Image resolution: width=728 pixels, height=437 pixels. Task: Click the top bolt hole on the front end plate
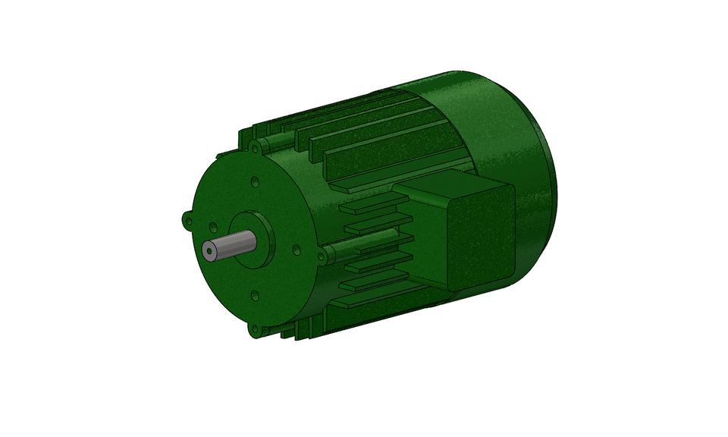coord(254,182)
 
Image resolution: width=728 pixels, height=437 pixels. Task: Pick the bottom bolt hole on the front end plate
coord(254,296)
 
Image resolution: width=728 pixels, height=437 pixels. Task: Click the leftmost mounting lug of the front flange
coord(187,219)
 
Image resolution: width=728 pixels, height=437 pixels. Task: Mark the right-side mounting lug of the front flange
coord(322,257)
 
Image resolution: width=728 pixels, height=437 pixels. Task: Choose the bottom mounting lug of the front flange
coord(254,330)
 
